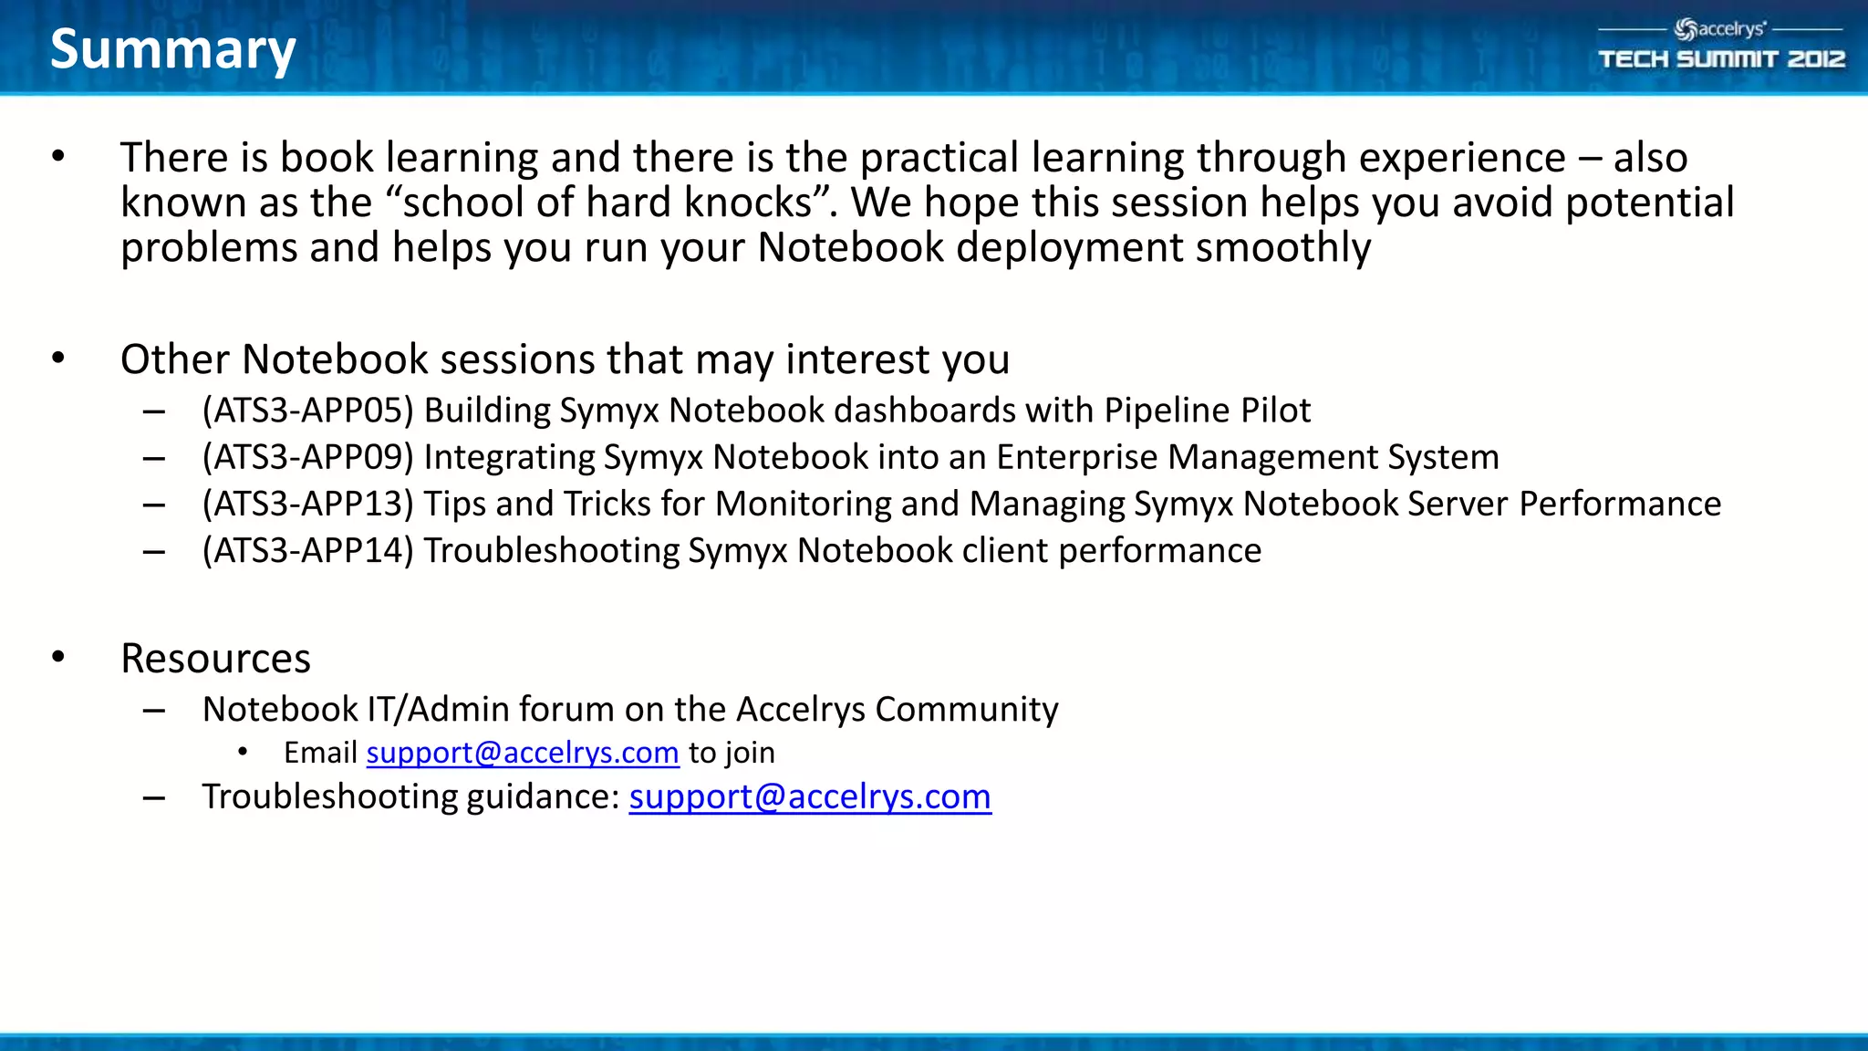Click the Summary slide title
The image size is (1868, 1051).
tap(172, 49)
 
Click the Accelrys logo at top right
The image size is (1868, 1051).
tap(1720, 29)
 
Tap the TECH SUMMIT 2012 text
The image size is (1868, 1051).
tap(1721, 60)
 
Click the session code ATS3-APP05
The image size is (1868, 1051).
tap(308, 411)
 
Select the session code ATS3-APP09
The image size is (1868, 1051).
tap(308, 457)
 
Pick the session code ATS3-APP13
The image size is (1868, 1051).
tap(308, 504)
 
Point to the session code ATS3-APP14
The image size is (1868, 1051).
tap(308, 551)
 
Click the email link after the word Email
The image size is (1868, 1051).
tap(523, 753)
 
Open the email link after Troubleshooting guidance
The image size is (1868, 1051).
tap(809, 796)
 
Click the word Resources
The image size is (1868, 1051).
tap(215, 659)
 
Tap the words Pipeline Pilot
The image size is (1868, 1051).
tap(1207, 411)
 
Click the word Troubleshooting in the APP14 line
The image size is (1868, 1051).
tap(551, 551)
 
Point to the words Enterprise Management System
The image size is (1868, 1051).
tap(1247, 457)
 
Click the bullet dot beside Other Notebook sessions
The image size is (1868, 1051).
tap(58, 358)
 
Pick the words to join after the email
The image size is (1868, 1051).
tap(732, 753)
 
